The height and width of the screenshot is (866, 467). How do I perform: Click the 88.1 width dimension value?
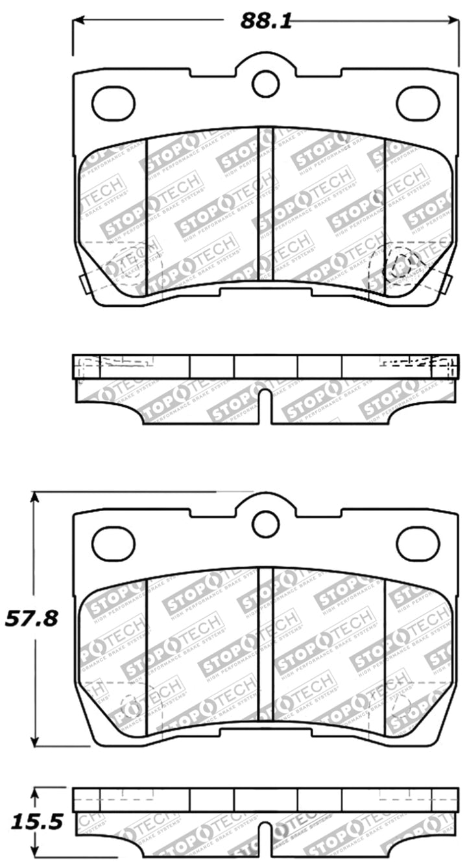click(265, 21)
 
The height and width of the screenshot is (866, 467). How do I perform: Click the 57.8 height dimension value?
click(32, 618)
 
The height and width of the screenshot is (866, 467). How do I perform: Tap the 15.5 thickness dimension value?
click(32, 823)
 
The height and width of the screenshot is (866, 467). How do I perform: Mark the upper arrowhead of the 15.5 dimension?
click(36, 793)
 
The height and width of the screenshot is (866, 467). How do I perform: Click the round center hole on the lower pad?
click(265, 523)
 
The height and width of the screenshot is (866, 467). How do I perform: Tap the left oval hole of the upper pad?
click(114, 104)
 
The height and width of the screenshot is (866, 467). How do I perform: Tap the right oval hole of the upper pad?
click(418, 104)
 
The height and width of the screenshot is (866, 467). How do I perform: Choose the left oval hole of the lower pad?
click(114, 544)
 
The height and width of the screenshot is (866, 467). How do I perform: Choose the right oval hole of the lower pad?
click(418, 544)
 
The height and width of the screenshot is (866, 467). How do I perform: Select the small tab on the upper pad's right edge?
click(448, 283)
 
